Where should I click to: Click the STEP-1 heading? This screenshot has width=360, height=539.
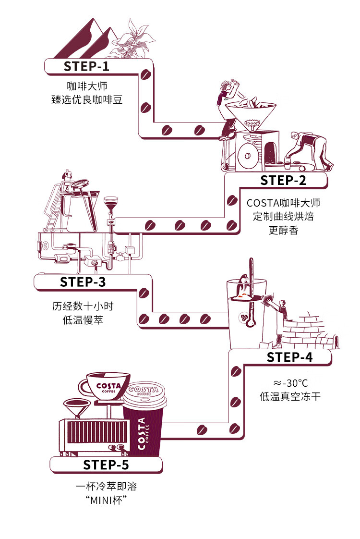click(86, 66)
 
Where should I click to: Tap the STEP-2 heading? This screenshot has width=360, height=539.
click(283, 180)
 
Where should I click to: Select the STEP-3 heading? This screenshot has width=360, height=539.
click(83, 282)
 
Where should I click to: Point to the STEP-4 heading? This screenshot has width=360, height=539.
click(289, 357)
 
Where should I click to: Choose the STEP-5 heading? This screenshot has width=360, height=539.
click(106, 465)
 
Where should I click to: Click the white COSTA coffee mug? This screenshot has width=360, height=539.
click(105, 386)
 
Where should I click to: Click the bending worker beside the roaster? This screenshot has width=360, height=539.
click(309, 150)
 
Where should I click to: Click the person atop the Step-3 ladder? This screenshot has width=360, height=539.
click(67, 179)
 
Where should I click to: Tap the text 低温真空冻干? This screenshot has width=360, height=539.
click(290, 396)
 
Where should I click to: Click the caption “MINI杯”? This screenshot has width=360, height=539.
click(106, 500)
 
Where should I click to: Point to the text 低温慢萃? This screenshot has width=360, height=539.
click(83, 319)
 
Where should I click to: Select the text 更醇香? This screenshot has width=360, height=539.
click(283, 230)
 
